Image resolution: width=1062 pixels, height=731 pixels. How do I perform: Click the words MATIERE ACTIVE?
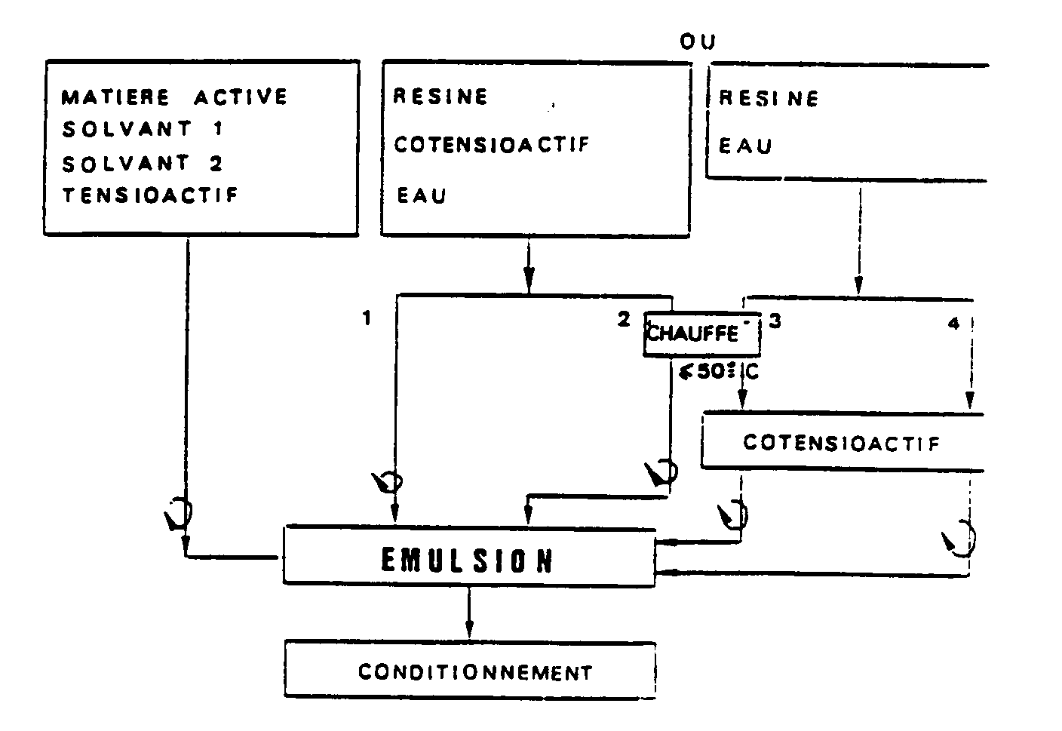(x=174, y=97)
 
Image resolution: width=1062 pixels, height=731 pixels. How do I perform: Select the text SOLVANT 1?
(x=143, y=129)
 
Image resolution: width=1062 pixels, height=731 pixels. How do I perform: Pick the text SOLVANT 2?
(x=143, y=164)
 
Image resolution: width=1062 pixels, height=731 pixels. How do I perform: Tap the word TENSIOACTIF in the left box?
(x=150, y=195)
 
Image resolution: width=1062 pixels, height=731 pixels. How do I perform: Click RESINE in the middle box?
(x=440, y=97)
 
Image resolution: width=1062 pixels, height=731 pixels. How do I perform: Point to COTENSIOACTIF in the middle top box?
(x=492, y=145)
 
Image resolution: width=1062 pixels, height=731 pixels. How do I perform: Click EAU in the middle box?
(x=422, y=195)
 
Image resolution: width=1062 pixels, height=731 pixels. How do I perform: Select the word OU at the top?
(x=698, y=41)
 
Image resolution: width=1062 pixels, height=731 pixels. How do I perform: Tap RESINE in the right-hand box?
(x=769, y=99)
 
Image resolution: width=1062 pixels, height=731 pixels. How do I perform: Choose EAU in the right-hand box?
(x=745, y=146)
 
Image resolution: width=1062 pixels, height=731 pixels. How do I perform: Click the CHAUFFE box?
(x=702, y=333)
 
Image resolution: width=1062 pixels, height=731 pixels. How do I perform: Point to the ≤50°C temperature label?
(x=718, y=372)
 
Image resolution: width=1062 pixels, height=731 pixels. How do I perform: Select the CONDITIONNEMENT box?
(x=471, y=670)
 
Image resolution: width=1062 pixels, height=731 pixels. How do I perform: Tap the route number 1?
(x=367, y=318)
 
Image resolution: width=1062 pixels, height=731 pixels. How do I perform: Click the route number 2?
(x=624, y=319)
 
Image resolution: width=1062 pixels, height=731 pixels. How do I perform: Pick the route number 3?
(x=775, y=321)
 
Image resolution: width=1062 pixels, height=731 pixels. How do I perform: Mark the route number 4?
(x=953, y=324)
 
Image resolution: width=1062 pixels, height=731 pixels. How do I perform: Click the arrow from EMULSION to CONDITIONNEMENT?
(x=469, y=613)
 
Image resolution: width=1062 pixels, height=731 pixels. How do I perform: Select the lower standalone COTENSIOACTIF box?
(x=843, y=442)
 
